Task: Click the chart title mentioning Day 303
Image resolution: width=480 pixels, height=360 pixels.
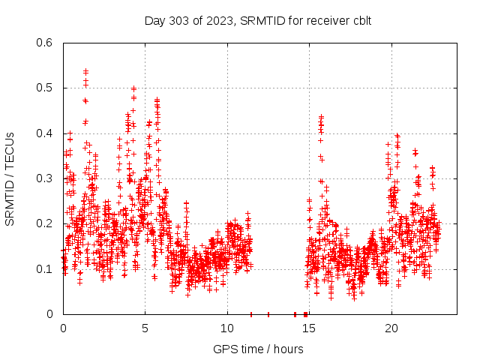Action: coord(257,20)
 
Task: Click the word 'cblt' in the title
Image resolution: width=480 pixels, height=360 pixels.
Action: coord(359,20)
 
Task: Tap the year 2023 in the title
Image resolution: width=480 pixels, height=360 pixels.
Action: coord(216,20)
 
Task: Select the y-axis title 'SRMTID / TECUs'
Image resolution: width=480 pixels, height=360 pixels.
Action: coord(10,178)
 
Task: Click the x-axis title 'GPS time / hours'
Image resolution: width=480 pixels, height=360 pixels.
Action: coord(258,349)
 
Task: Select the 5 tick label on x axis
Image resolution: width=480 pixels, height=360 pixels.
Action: coord(145,328)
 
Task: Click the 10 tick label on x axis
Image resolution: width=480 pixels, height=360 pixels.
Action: coord(227,328)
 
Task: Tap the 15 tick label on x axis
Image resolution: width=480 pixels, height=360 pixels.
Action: coord(309,328)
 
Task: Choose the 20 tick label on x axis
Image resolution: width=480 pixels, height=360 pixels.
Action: coord(391,328)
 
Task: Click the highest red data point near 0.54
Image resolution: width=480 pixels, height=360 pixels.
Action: coord(85,71)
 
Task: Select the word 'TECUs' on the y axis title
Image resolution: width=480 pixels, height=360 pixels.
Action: coord(10,148)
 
